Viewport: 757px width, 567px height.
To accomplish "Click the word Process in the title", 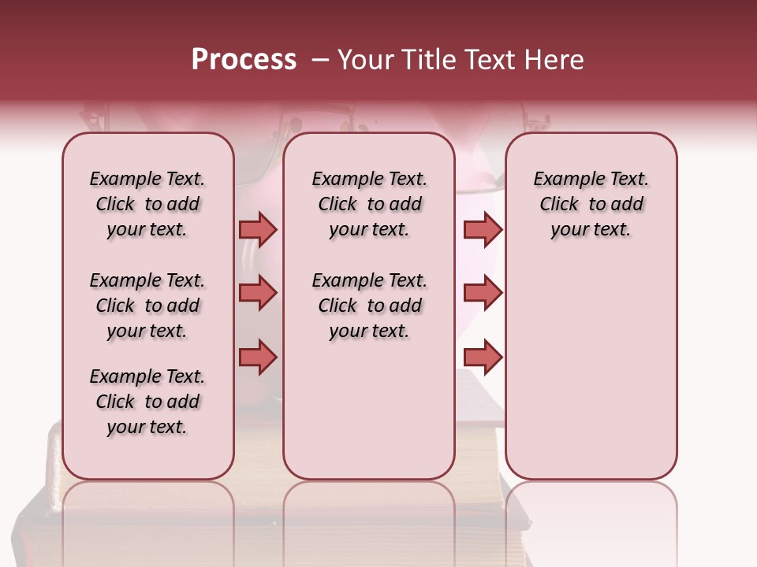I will tap(244, 60).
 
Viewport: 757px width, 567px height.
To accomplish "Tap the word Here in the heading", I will tap(554, 60).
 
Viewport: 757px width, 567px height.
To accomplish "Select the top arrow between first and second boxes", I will tap(258, 229).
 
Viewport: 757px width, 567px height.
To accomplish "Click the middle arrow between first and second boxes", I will tap(258, 294).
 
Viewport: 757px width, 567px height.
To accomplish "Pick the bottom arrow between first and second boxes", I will tap(258, 358).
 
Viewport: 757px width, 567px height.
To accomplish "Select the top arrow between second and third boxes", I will tap(483, 229).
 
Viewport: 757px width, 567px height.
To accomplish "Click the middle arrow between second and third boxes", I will tap(483, 294).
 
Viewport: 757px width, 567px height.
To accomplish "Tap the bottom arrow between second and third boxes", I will tap(483, 358).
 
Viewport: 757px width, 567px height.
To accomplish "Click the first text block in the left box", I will tap(147, 204).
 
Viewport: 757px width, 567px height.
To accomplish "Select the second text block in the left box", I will tap(147, 306).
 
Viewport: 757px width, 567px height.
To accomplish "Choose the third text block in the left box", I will tap(147, 402).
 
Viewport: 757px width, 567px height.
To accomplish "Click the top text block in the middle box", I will tap(369, 204).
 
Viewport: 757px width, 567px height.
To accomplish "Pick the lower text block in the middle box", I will tap(369, 306).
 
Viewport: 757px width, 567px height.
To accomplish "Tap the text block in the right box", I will tap(591, 204).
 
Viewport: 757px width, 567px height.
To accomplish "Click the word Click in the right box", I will tap(559, 205).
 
